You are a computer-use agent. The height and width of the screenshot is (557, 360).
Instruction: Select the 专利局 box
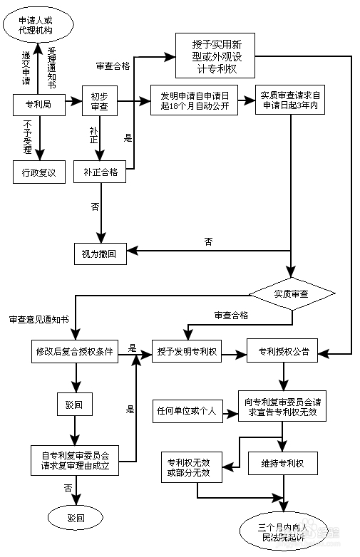pos(39,104)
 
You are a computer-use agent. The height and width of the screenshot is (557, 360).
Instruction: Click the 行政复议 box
pos(39,172)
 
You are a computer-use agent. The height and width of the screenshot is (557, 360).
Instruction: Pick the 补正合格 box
pos(100,172)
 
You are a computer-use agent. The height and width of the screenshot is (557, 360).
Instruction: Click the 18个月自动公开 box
pos(194,100)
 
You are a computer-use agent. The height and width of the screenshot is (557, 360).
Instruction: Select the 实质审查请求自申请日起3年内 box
pos(289,100)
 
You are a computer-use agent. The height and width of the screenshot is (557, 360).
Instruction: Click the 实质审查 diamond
pos(291,293)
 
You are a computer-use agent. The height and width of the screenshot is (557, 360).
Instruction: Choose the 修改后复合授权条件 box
pos(75,351)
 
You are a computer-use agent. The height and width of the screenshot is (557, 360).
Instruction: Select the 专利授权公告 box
pos(283,351)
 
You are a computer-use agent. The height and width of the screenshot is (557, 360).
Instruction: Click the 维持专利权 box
pos(283,464)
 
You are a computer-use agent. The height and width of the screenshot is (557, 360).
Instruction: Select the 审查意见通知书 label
pos(38,319)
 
